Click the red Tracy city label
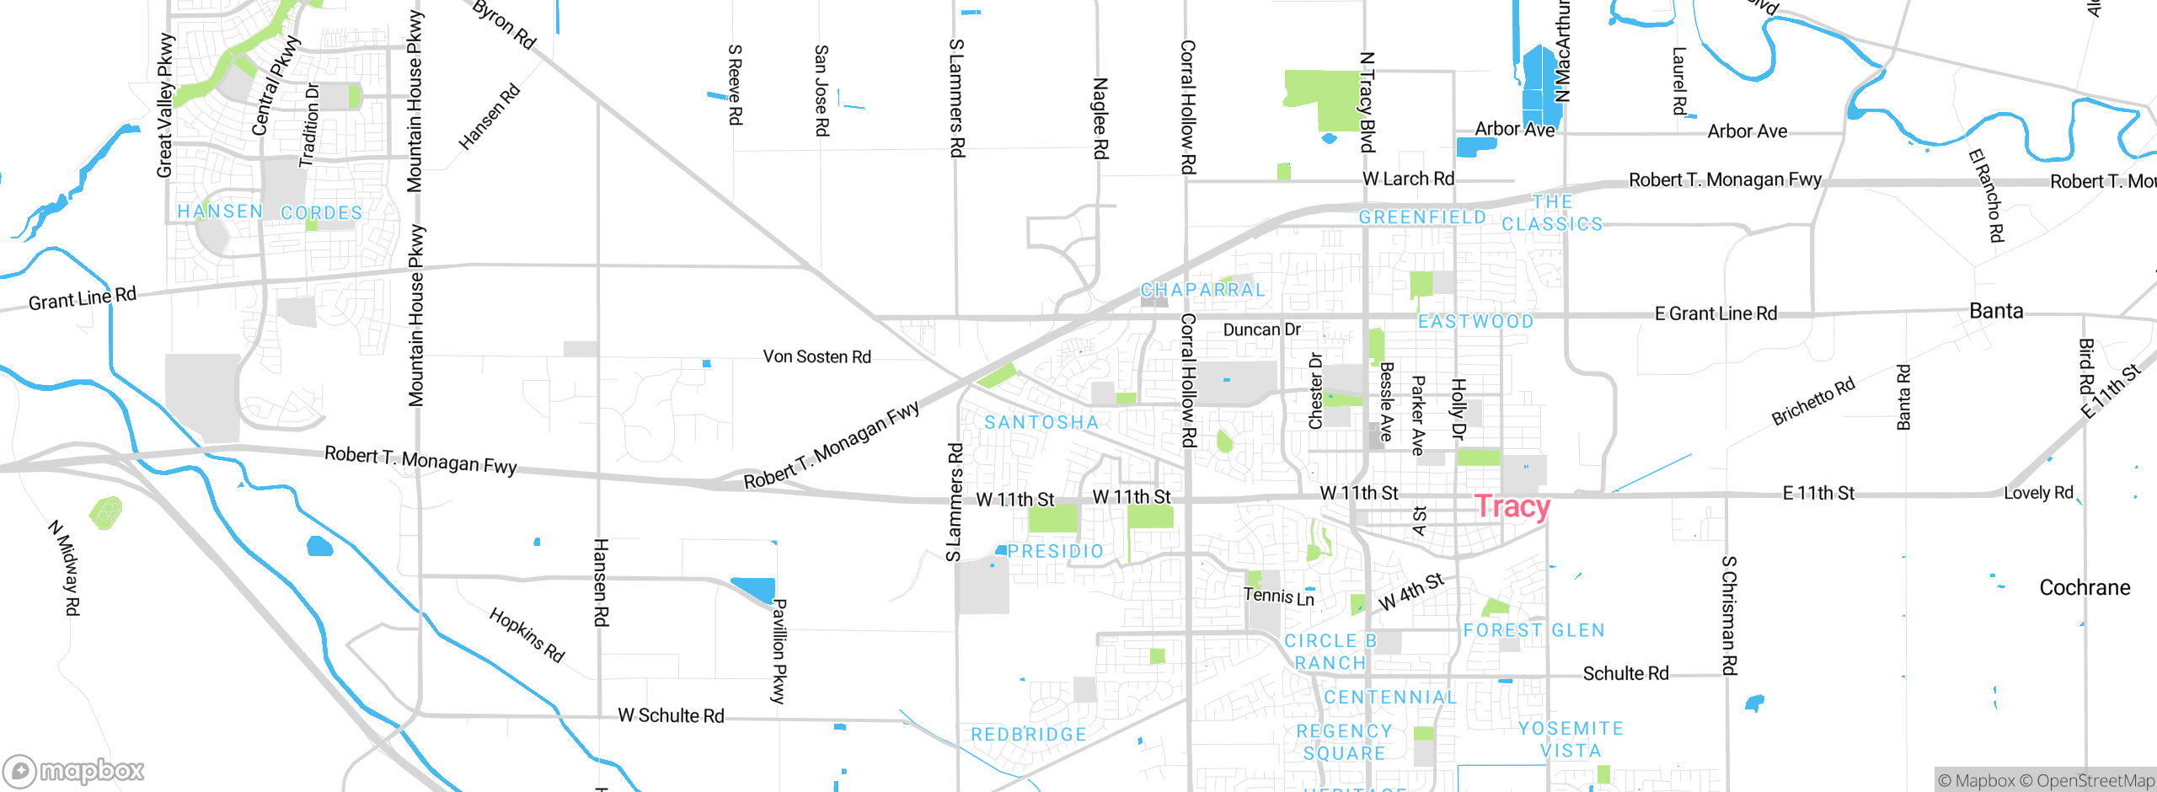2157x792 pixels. click(x=1512, y=506)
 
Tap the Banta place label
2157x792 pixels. click(x=1996, y=311)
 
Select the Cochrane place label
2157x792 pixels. click(x=2085, y=587)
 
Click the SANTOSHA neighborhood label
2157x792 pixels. click(x=1041, y=422)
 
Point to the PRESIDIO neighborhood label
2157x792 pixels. click(x=1055, y=551)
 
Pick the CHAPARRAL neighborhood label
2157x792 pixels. click(x=1202, y=290)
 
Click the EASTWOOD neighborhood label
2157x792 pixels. click(x=1475, y=321)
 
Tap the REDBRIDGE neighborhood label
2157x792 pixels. click(x=1029, y=735)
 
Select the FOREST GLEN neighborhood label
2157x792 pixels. click(x=1533, y=630)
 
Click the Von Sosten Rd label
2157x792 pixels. click(x=816, y=356)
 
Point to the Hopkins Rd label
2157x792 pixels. click(x=527, y=634)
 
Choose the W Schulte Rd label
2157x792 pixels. click(x=671, y=715)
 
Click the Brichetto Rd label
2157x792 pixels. click(x=1812, y=401)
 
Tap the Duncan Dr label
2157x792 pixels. click(x=1261, y=329)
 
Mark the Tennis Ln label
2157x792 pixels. click(x=1278, y=597)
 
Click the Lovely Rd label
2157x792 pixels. click(x=2038, y=493)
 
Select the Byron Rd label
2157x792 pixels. click(x=504, y=24)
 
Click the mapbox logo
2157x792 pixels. click(x=73, y=770)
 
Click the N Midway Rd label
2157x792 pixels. click(x=64, y=568)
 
